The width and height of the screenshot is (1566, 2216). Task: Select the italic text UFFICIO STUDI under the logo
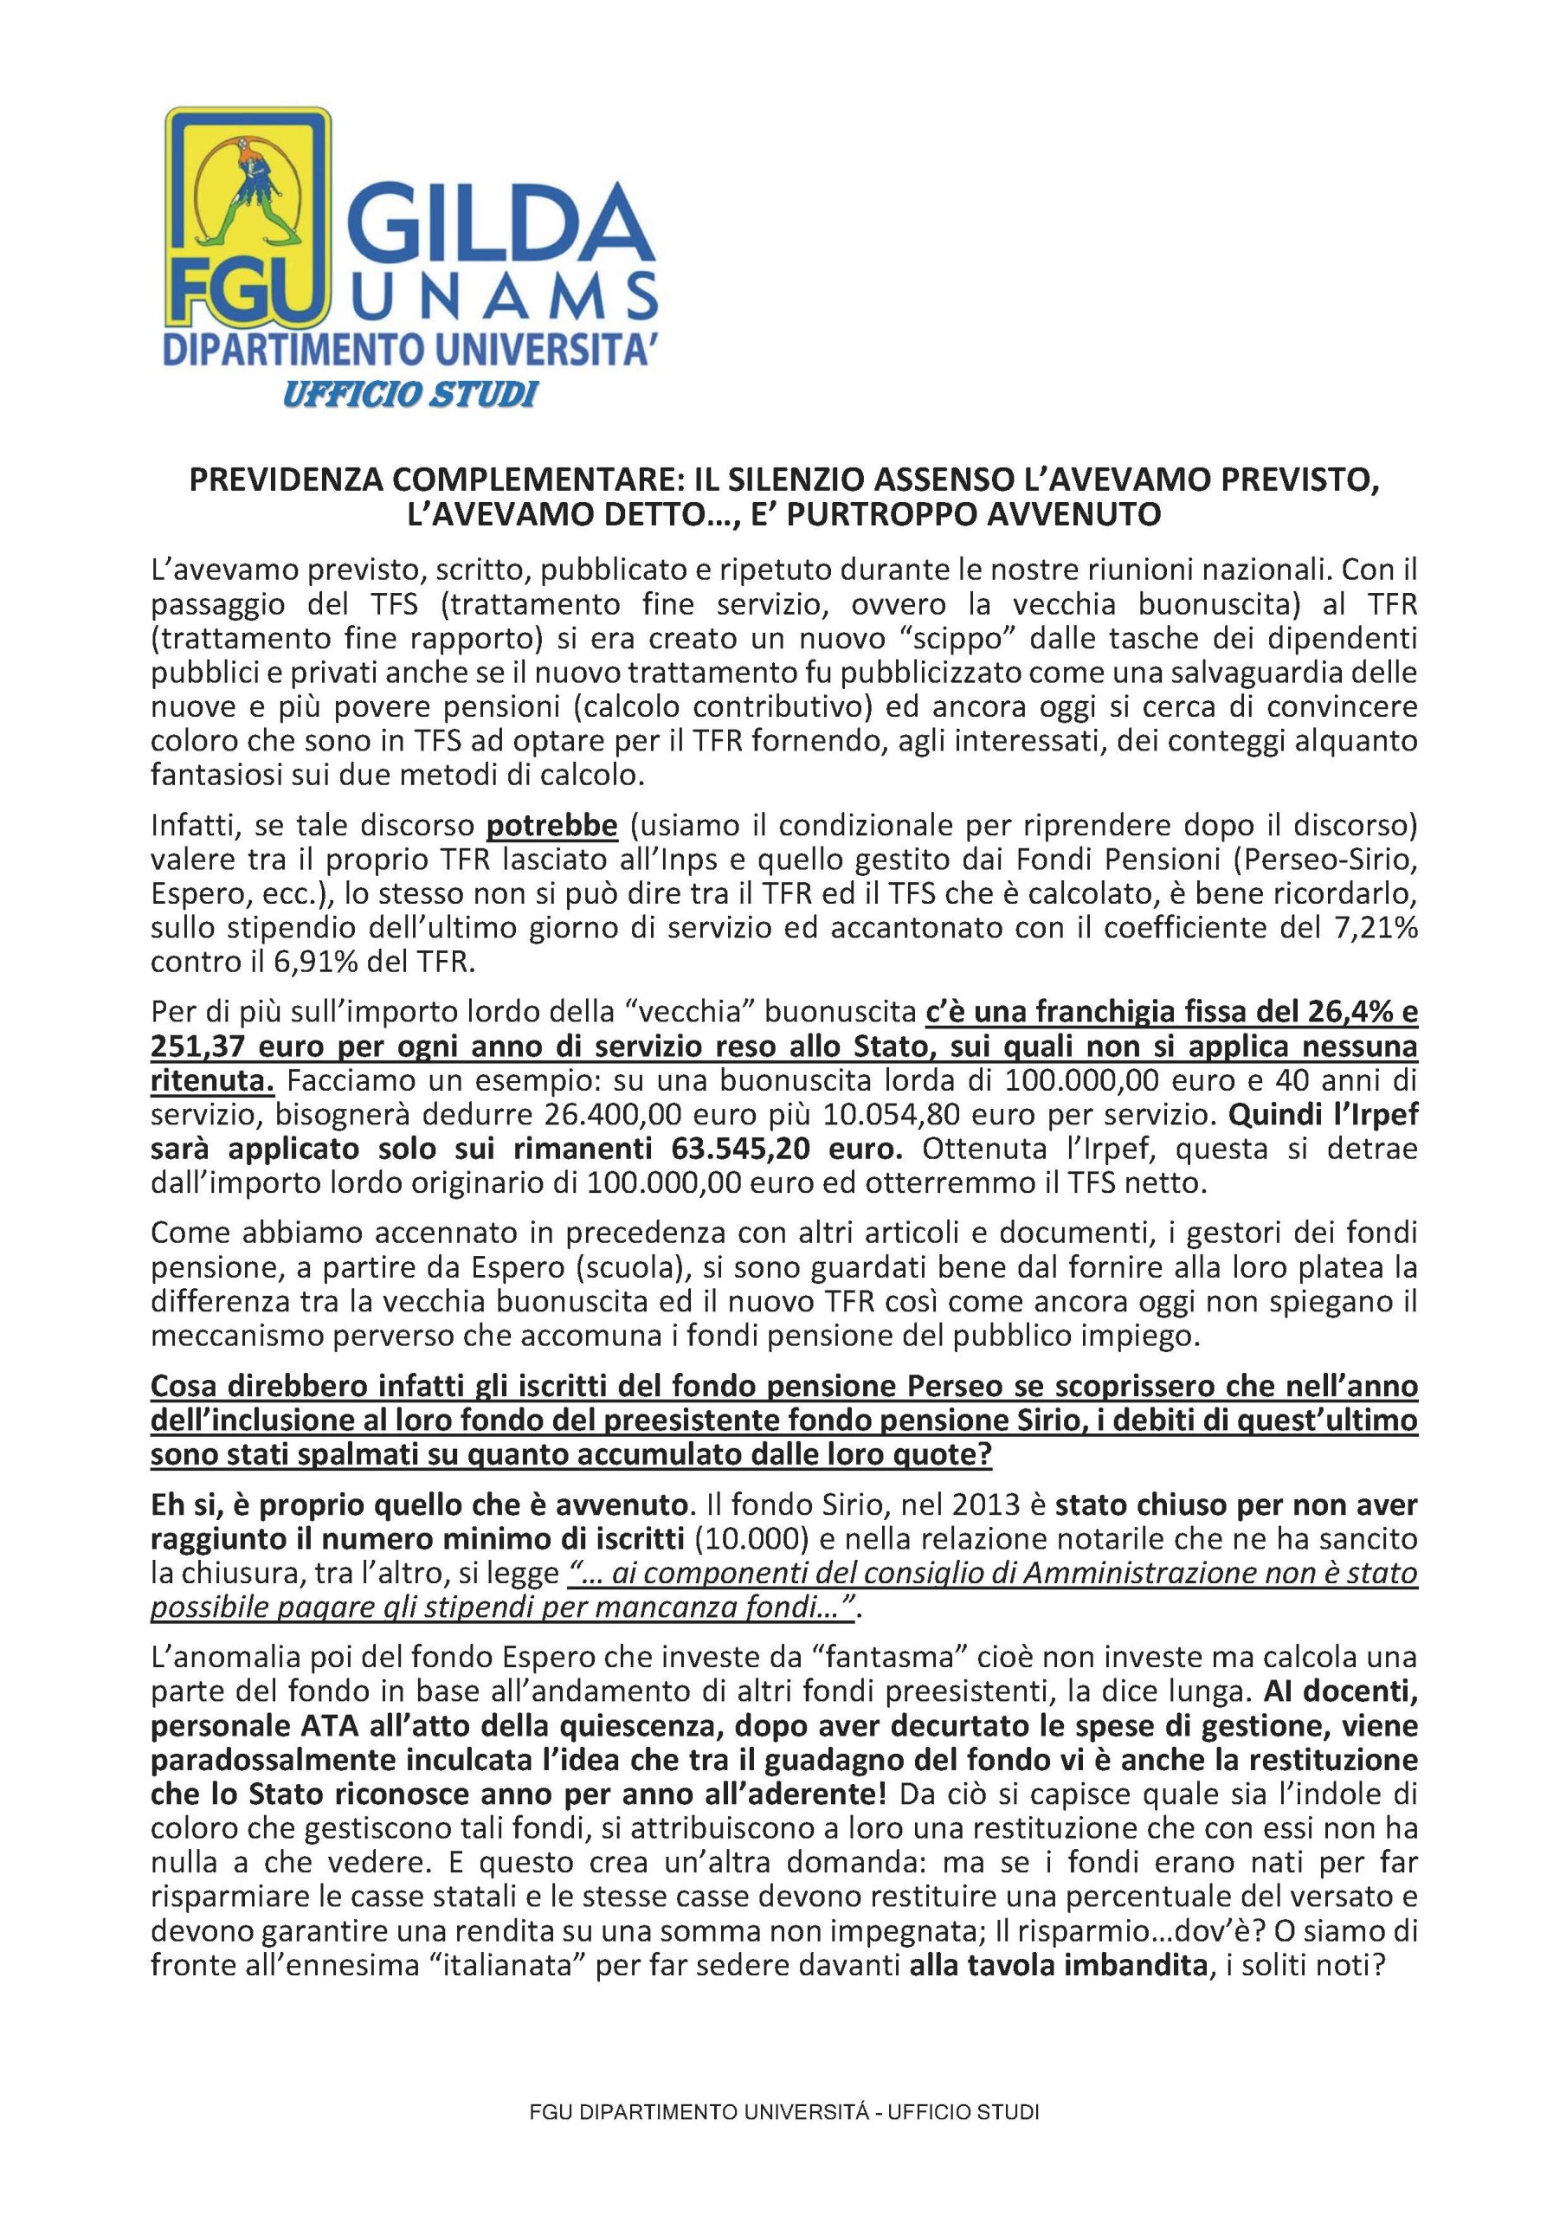tap(409, 394)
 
